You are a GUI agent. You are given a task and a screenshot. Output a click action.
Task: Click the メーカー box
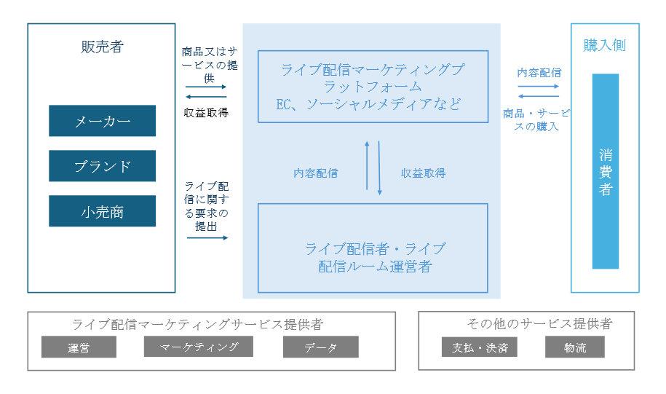102,121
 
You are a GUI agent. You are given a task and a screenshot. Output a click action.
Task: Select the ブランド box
102,166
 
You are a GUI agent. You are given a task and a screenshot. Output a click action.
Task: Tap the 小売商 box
102,211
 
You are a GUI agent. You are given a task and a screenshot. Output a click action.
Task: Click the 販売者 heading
102,47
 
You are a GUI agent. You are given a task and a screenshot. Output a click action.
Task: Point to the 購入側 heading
604,46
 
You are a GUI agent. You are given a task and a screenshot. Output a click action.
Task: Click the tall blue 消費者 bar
605,171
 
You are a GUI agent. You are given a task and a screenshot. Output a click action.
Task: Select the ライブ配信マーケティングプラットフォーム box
373,87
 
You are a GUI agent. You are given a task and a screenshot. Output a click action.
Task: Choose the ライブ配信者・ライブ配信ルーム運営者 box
373,248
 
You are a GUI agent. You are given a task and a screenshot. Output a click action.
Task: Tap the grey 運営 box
79,347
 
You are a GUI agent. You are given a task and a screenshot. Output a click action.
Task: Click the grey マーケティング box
199,347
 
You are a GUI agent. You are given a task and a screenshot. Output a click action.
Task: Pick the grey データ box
320,347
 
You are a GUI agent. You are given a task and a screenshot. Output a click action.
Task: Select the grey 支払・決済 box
479,347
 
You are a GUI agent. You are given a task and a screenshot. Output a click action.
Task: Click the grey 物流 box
574,347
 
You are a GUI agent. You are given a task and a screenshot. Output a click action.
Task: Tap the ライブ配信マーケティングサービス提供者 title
197,325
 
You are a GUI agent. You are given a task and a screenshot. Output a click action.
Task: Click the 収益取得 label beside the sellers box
207,112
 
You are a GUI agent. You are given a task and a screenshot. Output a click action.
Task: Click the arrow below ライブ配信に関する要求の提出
207,237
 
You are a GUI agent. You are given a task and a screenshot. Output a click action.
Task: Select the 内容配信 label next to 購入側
539,72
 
